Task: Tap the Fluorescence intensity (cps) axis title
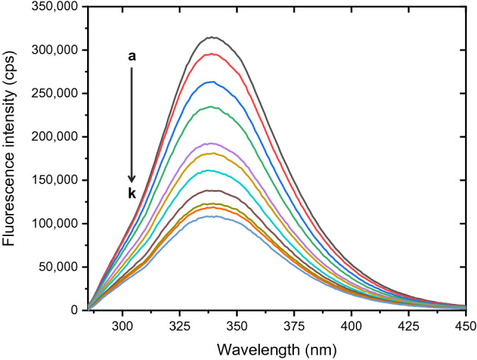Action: coord(13,158)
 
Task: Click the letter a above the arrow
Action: coord(132,56)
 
